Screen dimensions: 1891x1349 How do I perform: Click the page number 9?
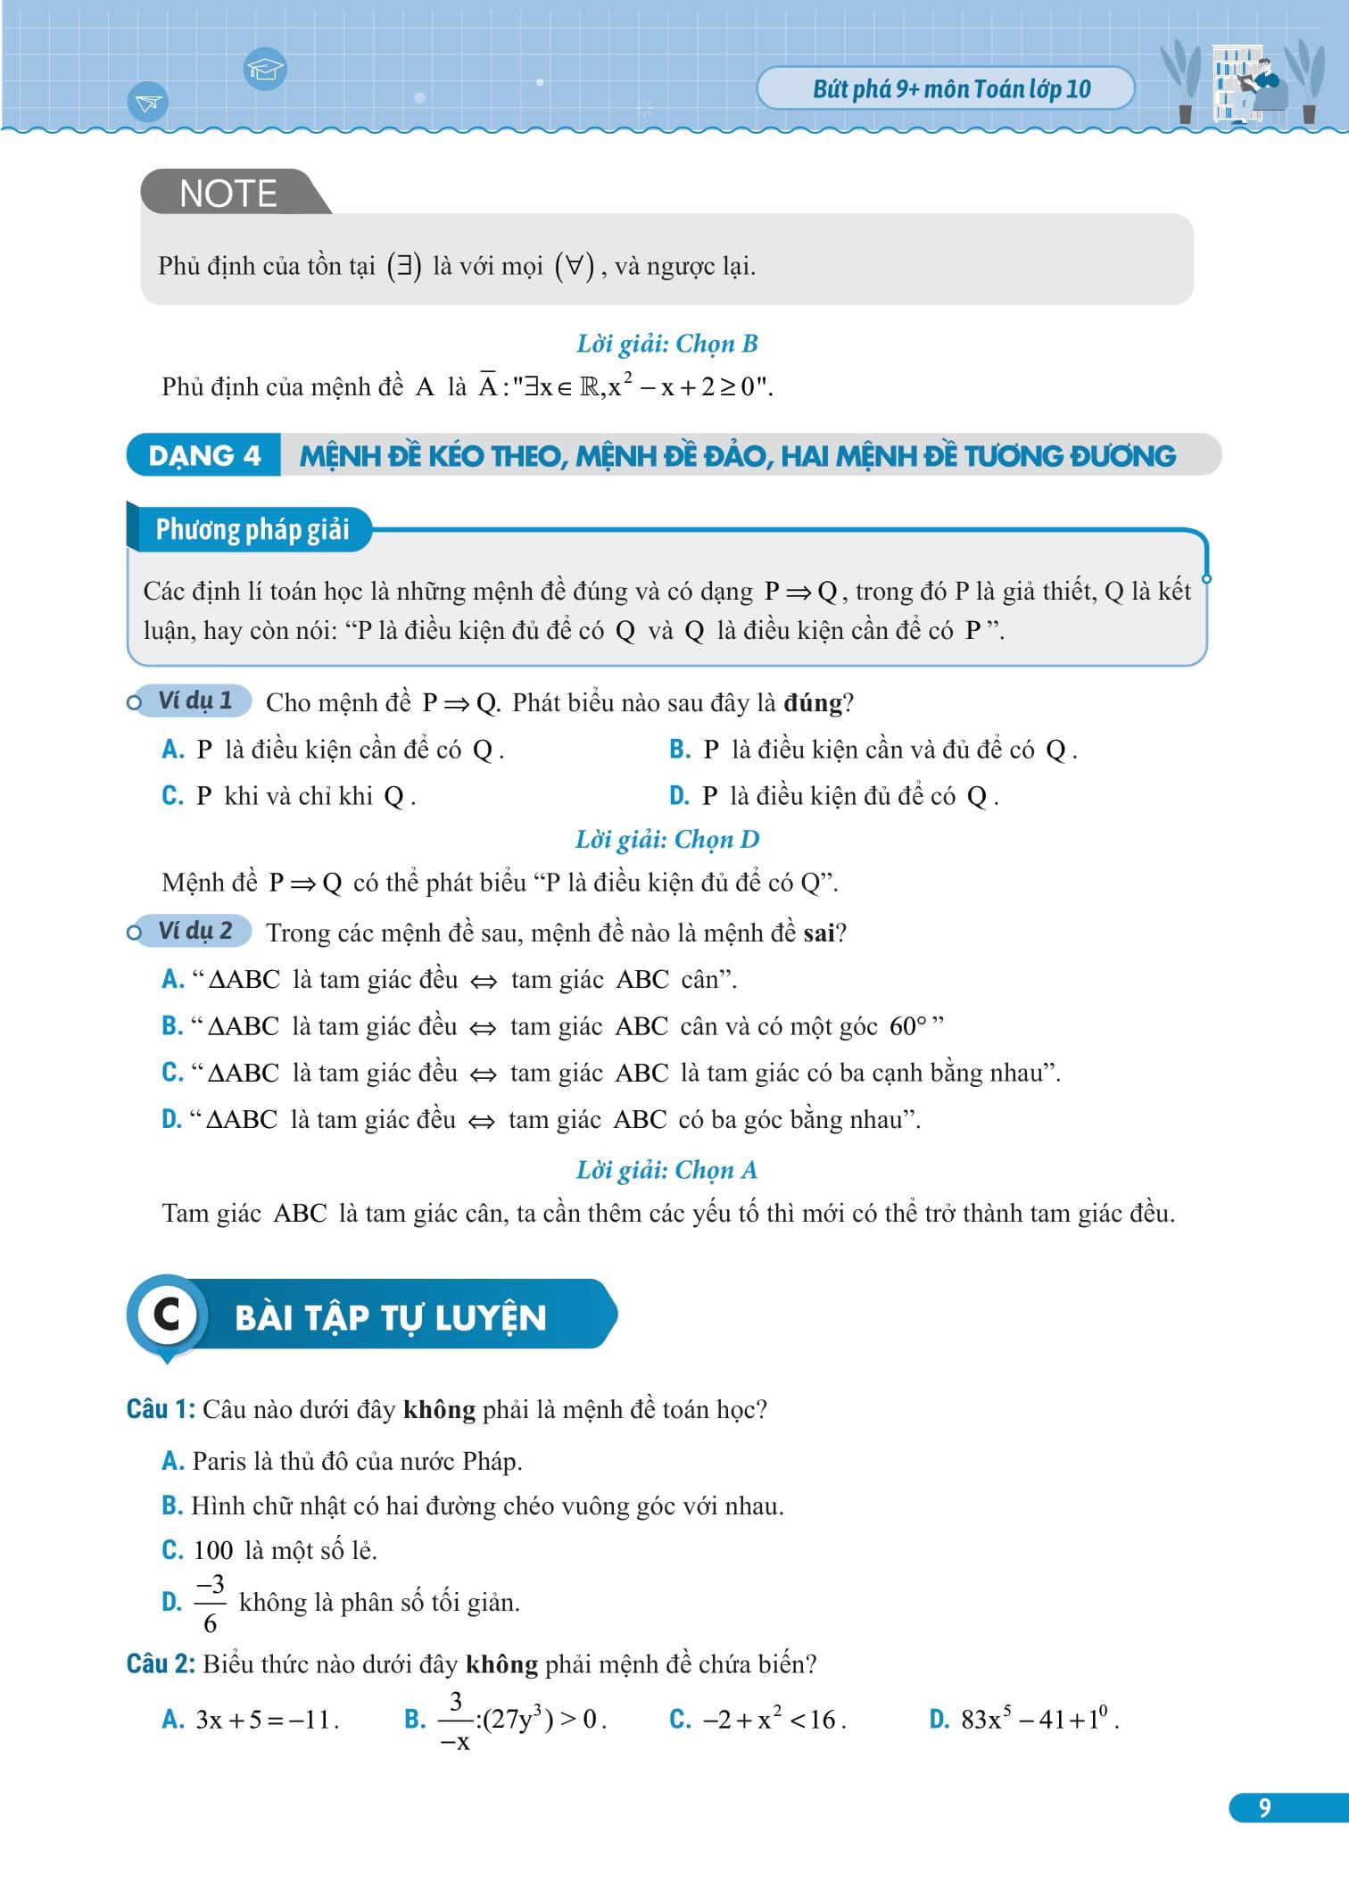(x=1264, y=1807)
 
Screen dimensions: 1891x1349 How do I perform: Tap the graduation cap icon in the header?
(x=265, y=69)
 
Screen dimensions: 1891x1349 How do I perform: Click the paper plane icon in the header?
(x=147, y=103)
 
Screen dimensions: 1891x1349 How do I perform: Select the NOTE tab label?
(x=228, y=194)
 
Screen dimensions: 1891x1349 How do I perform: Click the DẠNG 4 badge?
(x=204, y=456)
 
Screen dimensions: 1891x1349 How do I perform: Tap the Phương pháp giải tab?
(x=252, y=529)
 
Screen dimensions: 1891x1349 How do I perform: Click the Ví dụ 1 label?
(x=194, y=701)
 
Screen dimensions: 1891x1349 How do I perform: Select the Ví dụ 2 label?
(x=194, y=931)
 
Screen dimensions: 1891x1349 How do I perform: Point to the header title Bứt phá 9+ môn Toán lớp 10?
(x=951, y=89)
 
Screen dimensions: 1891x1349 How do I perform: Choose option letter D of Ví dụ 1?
(x=679, y=796)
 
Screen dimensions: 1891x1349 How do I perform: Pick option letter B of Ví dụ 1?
(x=680, y=750)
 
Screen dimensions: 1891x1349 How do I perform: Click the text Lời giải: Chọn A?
(x=666, y=1170)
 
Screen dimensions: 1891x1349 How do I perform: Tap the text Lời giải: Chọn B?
(x=666, y=344)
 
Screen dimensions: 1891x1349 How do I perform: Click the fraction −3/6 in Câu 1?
(x=211, y=1604)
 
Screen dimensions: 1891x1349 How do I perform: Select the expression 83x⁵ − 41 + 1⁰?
(x=1039, y=1719)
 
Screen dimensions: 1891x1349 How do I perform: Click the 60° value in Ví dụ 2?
(x=908, y=1026)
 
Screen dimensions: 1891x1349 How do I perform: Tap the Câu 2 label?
(x=161, y=1663)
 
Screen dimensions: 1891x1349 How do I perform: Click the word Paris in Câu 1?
(x=219, y=1461)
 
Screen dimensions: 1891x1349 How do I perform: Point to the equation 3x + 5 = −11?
(x=267, y=1719)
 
